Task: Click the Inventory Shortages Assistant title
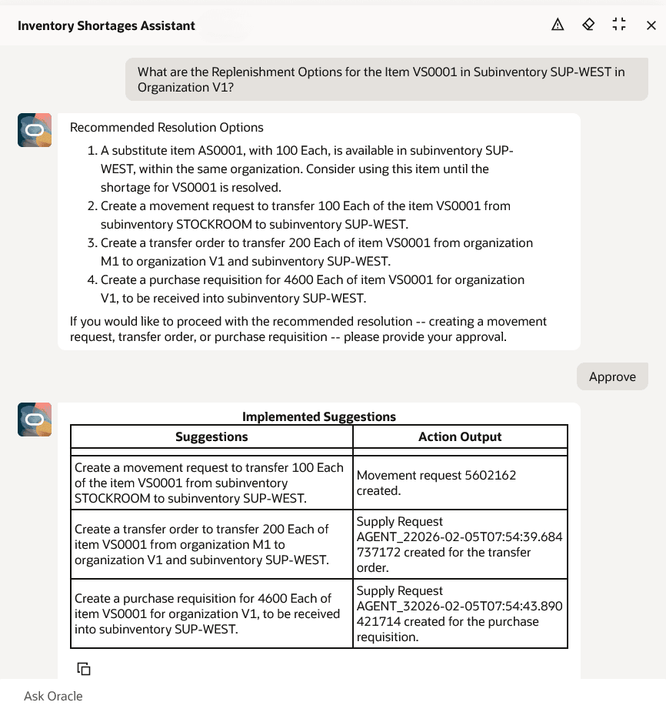(x=106, y=25)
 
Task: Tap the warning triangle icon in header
(x=558, y=25)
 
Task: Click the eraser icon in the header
(x=588, y=25)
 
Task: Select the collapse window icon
(x=619, y=25)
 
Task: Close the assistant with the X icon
(x=651, y=25)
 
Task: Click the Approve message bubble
(x=612, y=376)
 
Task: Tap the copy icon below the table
(x=84, y=668)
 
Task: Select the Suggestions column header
(x=211, y=436)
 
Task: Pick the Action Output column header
(x=460, y=436)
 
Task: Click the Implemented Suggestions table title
(x=319, y=416)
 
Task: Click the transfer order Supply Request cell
(x=460, y=544)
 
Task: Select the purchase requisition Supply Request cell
(x=460, y=613)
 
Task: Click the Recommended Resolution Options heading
(x=167, y=128)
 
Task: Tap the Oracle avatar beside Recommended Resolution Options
(x=35, y=129)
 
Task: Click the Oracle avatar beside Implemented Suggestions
(x=35, y=420)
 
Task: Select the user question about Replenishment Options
(x=386, y=79)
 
